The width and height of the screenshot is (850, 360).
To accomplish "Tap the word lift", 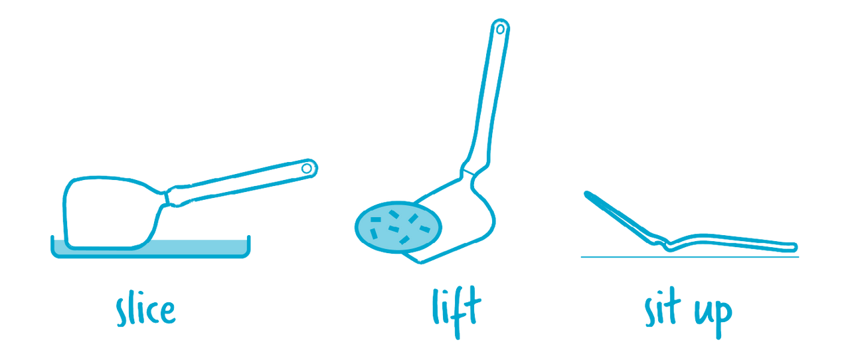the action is (x=457, y=312).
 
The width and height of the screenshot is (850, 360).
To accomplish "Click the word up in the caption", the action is (x=713, y=317).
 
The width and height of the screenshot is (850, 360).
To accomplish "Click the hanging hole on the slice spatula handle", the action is (x=306, y=169).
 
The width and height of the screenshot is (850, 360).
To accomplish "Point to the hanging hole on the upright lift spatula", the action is (x=500, y=29).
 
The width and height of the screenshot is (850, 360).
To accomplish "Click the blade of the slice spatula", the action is (x=110, y=213).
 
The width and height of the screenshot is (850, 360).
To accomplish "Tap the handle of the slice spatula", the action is (x=243, y=182).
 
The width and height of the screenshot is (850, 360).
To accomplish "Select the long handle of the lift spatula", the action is (x=487, y=95).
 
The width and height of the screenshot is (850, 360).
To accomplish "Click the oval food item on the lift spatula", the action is (x=398, y=227).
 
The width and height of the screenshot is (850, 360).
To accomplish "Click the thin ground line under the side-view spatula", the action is (x=690, y=257).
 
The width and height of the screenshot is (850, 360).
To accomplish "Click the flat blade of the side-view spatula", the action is (x=732, y=242).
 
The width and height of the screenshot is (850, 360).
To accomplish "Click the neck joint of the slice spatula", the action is (x=166, y=198).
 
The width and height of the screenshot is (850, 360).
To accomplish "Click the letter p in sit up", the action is (x=723, y=319).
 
